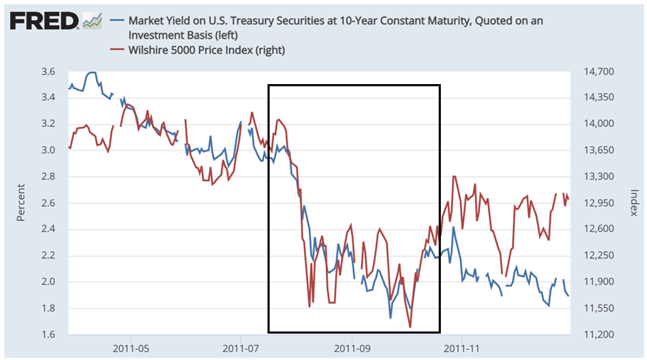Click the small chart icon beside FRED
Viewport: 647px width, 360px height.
(92, 21)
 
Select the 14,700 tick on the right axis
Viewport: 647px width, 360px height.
(599, 71)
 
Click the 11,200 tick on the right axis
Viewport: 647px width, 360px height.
(599, 334)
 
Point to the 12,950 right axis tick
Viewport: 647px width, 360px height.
(599, 203)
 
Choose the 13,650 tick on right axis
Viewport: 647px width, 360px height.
(599, 150)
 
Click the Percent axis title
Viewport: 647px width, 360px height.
(21, 203)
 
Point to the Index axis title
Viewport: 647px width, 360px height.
(633, 203)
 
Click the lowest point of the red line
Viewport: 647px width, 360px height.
(410, 327)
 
